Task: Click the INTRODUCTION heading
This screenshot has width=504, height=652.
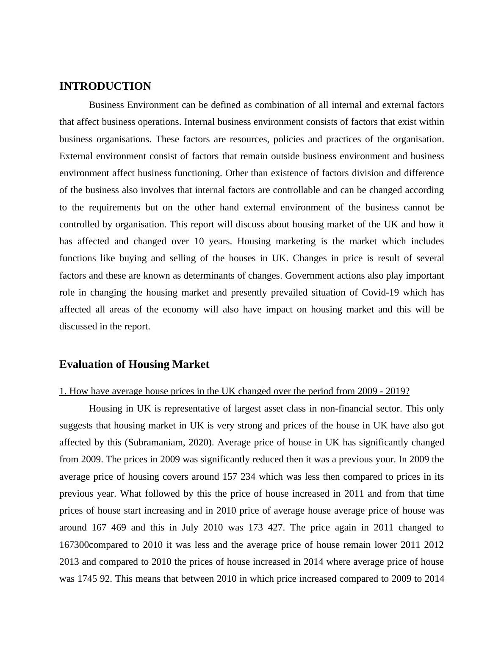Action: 105,86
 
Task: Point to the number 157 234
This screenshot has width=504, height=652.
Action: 239,477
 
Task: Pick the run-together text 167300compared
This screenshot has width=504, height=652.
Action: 94,545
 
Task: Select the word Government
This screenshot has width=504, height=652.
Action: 310,276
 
